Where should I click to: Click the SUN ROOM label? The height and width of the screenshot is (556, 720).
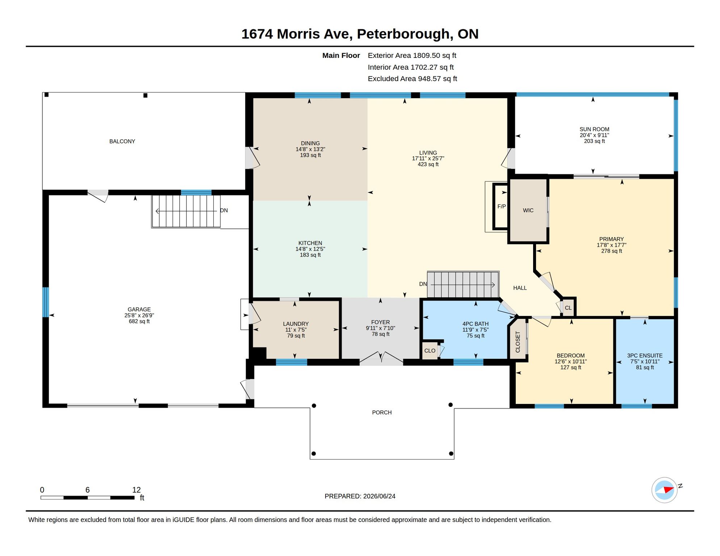tap(594, 129)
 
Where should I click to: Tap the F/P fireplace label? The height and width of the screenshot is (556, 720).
tap(501, 206)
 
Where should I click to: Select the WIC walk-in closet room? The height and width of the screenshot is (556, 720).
tap(528, 210)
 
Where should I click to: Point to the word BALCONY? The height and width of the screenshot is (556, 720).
tap(122, 141)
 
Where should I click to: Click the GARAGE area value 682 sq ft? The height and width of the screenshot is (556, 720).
tap(139, 321)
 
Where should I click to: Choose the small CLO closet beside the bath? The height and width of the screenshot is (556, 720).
tap(430, 350)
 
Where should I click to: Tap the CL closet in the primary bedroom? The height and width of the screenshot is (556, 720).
tap(568, 308)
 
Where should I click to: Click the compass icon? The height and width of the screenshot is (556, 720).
tap(665, 490)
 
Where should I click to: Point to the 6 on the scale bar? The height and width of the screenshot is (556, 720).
tap(87, 490)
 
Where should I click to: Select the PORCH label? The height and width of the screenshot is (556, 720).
tap(382, 412)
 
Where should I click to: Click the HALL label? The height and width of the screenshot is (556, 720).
tap(520, 288)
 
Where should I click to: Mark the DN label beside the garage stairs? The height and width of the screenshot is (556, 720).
tap(224, 210)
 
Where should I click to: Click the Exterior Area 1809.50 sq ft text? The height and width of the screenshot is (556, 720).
tap(412, 55)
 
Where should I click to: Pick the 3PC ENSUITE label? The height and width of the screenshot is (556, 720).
tap(645, 355)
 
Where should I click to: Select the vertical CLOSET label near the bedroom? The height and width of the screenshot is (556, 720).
tap(518, 342)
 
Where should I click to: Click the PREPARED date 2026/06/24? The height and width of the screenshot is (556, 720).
tap(379, 496)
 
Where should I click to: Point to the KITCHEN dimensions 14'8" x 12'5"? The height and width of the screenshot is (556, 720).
tap(310, 249)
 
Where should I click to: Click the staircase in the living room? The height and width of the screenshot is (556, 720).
tap(463, 285)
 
